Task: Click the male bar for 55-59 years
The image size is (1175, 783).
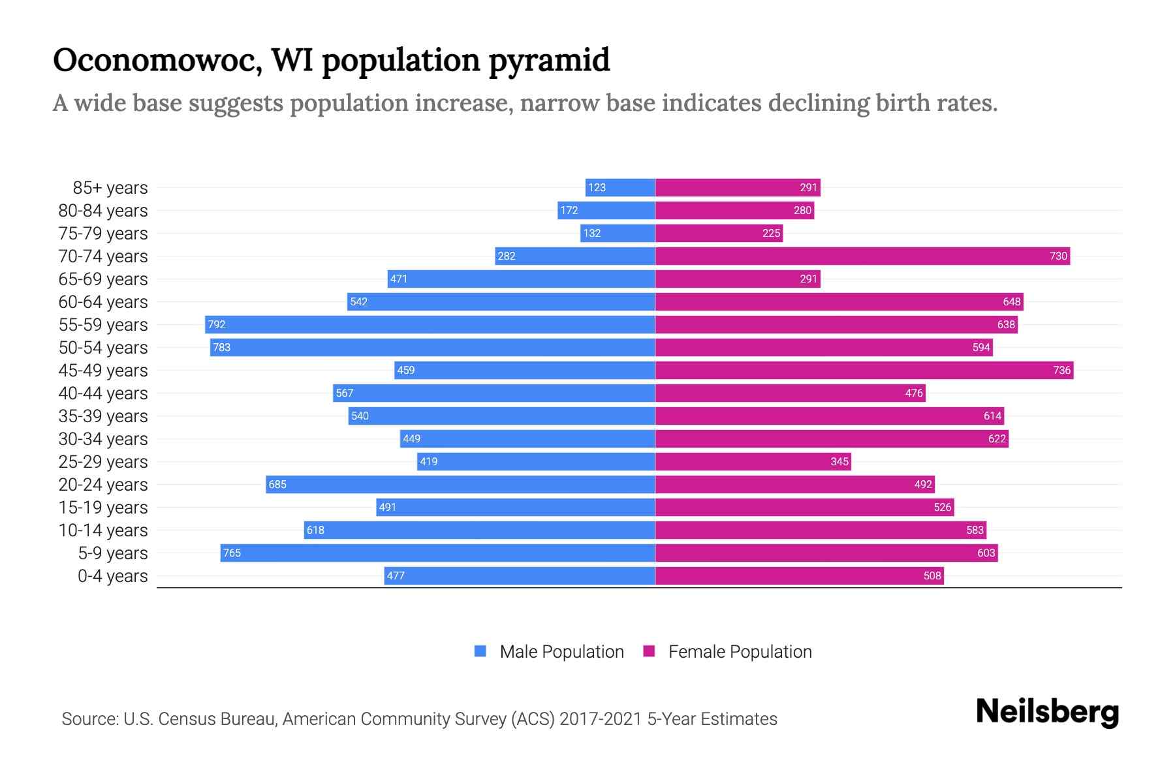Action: coord(430,324)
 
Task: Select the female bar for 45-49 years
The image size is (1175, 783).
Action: coord(864,370)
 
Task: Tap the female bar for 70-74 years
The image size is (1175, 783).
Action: coord(862,256)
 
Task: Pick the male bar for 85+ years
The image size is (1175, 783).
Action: coord(620,187)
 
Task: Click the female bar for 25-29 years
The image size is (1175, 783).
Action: coord(753,461)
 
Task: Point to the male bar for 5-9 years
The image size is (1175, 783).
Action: coord(437,553)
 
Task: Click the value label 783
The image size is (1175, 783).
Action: coord(222,347)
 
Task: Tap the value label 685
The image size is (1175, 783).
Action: coord(277,484)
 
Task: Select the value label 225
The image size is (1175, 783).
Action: coord(771,233)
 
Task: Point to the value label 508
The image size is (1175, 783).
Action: coord(932,576)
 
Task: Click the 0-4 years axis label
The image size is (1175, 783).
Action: coord(112,576)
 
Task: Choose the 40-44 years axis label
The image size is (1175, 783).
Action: coord(103,393)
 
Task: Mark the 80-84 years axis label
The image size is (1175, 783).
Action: coord(103,211)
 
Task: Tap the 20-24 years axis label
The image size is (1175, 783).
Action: coord(103,485)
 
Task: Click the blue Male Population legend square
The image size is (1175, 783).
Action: coord(480,651)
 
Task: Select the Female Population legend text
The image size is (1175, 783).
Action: coord(740,651)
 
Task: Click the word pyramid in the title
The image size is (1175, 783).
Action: coord(549,61)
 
